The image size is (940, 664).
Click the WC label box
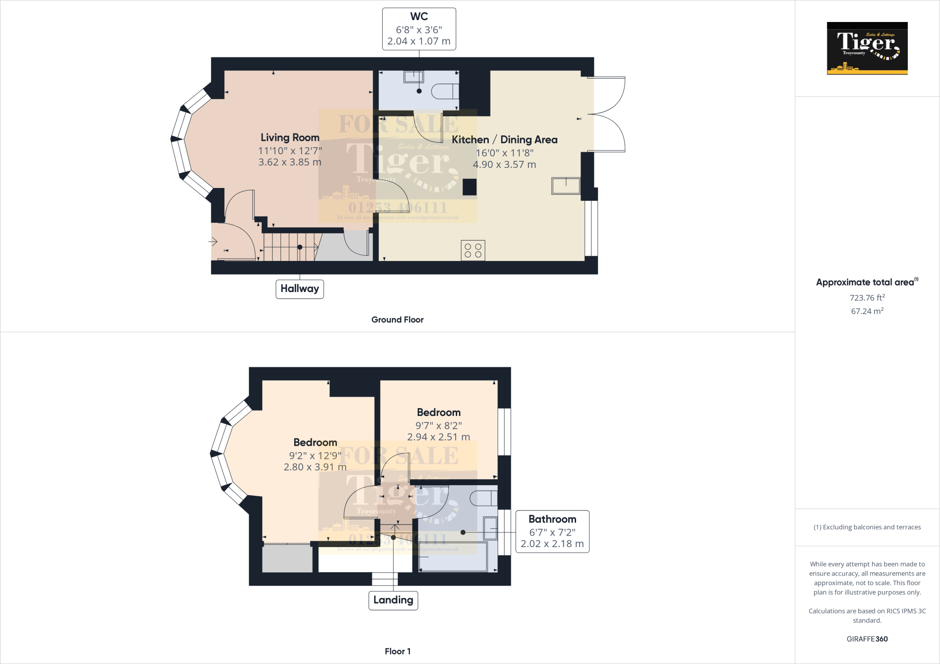pos(419,29)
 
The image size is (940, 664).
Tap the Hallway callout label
pos(299,289)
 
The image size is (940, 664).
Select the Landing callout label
pos(393,600)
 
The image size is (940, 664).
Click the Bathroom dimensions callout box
pos(552,531)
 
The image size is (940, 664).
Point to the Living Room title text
pos(290,138)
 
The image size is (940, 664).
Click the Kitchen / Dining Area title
pos(504,140)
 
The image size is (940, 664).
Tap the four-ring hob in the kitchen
pos(473,250)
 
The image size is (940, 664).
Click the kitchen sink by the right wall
pos(566,186)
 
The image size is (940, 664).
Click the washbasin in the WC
pos(413,77)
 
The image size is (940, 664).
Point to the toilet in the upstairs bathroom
pos(483,498)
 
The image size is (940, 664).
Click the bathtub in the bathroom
pos(453,557)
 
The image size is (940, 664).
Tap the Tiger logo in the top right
pos(867,48)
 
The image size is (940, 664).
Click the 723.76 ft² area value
pos(867,298)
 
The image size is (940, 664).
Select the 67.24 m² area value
pos(867,311)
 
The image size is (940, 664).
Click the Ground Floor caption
pos(397,320)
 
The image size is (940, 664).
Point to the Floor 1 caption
pos(397,651)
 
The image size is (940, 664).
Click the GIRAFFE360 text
pos(867,639)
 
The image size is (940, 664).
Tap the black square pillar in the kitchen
pos(469,187)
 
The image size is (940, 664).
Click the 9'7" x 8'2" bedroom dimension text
pos(438,426)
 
